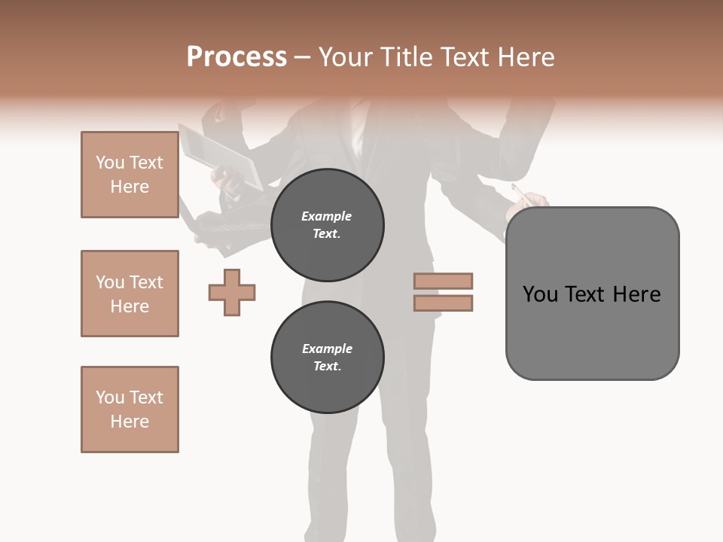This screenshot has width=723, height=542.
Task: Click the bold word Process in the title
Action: click(x=236, y=57)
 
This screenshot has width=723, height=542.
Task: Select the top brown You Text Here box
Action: click(x=130, y=175)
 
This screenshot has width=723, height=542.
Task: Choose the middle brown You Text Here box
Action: click(x=130, y=294)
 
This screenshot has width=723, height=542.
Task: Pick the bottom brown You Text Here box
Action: click(x=130, y=410)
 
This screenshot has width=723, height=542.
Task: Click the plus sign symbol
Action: click(x=232, y=292)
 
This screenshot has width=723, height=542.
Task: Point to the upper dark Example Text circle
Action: click(x=327, y=224)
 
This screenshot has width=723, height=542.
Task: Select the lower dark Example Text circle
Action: click(x=327, y=357)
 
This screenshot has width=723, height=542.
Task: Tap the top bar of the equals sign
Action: click(x=443, y=282)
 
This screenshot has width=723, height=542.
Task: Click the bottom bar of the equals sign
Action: click(x=443, y=303)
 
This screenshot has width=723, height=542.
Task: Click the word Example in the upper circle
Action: click(x=327, y=216)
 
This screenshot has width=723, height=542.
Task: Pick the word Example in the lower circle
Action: click(x=327, y=349)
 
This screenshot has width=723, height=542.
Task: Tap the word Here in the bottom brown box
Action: click(x=130, y=422)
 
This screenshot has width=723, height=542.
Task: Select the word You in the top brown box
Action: click(x=109, y=163)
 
